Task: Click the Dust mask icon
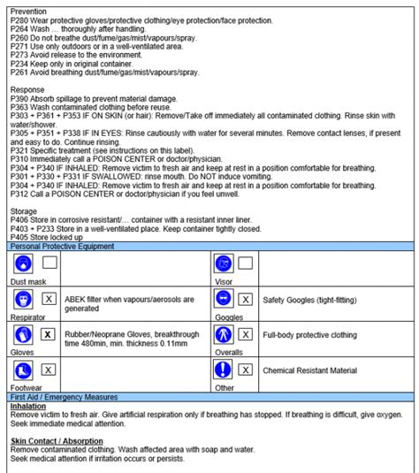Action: pos(23,264)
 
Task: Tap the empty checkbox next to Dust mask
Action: pos(50,263)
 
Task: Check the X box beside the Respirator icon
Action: pos(50,299)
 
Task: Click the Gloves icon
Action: pos(23,335)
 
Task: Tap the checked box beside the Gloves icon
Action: pos(50,335)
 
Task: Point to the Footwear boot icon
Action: pos(23,370)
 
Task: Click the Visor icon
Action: pos(224,264)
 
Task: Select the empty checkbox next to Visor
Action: pos(246,263)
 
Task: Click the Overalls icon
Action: pos(224,335)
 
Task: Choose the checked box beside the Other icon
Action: pos(246,370)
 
